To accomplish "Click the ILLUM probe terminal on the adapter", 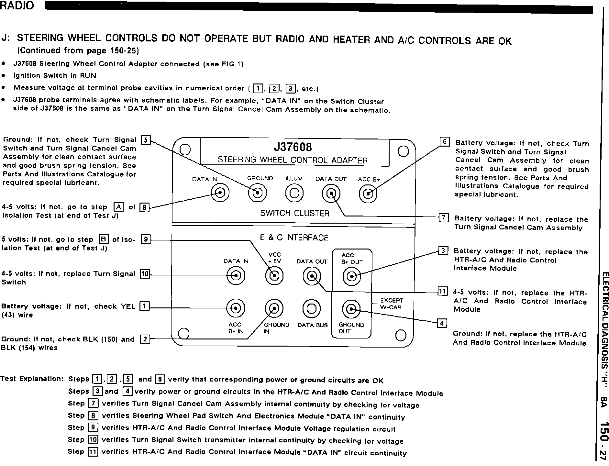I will pyautogui.click(x=294, y=193).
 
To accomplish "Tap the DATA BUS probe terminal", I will pyautogui.click(x=311, y=309).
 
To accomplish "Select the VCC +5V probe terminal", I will pyautogui.click(x=274, y=276).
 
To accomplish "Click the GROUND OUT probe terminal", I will pyautogui.click(x=351, y=309).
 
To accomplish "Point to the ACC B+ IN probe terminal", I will pyautogui.click(x=235, y=307).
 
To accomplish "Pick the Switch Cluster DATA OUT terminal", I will pyautogui.click(x=331, y=194).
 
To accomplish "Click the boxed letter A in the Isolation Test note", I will pyautogui.click(x=119, y=207).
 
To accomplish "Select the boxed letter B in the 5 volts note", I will pyautogui.click(x=104, y=239).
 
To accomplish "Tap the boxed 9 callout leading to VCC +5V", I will pyautogui.click(x=146, y=239).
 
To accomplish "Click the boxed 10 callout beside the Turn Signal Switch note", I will pyautogui.click(x=144, y=274).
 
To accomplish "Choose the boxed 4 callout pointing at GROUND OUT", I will pyautogui.click(x=442, y=323).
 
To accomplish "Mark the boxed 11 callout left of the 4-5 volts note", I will pyautogui.click(x=442, y=291).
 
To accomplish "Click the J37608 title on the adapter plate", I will pyautogui.click(x=293, y=147).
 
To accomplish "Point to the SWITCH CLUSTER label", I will pyautogui.click(x=294, y=213).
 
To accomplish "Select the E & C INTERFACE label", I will pyautogui.click(x=294, y=238).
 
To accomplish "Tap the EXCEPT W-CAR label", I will pyautogui.click(x=391, y=304).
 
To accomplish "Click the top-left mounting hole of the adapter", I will pyautogui.click(x=185, y=150).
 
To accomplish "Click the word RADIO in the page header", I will pyautogui.click(x=17, y=6).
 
